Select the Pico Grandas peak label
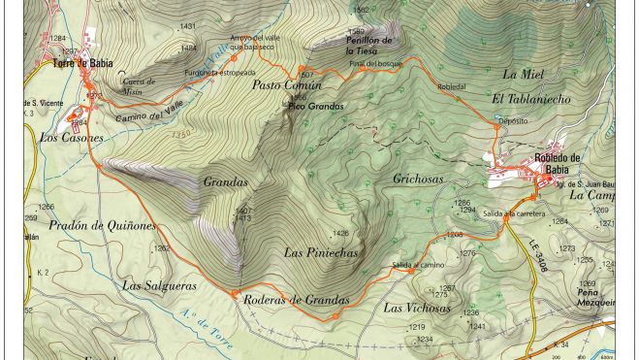click(317, 105)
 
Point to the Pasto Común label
click(280, 86)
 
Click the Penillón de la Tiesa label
click(369, 45)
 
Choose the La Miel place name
click(523, 74)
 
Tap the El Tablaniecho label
click(531, 99)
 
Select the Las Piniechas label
click(321, 252)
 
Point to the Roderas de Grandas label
click(296, 300)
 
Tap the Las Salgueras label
click(160, 285)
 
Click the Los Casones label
click(71, 138)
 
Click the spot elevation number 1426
click(339, 233)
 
